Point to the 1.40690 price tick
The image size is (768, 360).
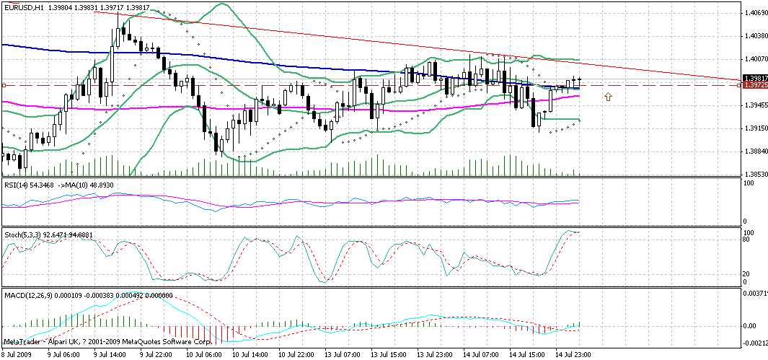pos(754,13)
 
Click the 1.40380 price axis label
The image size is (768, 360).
pos(754,36)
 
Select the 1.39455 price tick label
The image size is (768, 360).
pos(754,105)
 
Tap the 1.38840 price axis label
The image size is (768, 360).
pos(754,152)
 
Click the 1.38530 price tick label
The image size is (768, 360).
pos(754,175)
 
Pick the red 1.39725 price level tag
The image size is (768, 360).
pos(754,86)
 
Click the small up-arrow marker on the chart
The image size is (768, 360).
pos(608,96)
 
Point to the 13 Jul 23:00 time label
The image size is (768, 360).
pos(436,356)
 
